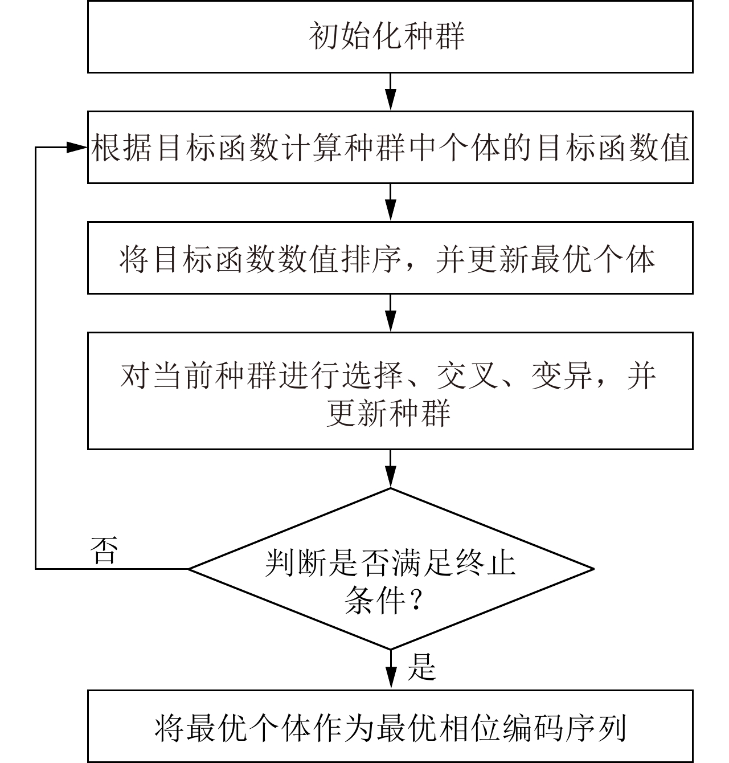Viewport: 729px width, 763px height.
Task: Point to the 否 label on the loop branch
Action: point(104,550)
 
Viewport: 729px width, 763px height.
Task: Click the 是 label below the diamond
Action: point(421,667)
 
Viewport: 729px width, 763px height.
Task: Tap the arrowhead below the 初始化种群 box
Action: point(390,100)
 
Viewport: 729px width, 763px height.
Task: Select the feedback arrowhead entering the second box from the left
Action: point(77,148)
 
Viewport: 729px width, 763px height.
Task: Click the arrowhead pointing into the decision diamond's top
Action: point(390,476)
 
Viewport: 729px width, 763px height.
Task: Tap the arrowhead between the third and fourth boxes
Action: point(390,321)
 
